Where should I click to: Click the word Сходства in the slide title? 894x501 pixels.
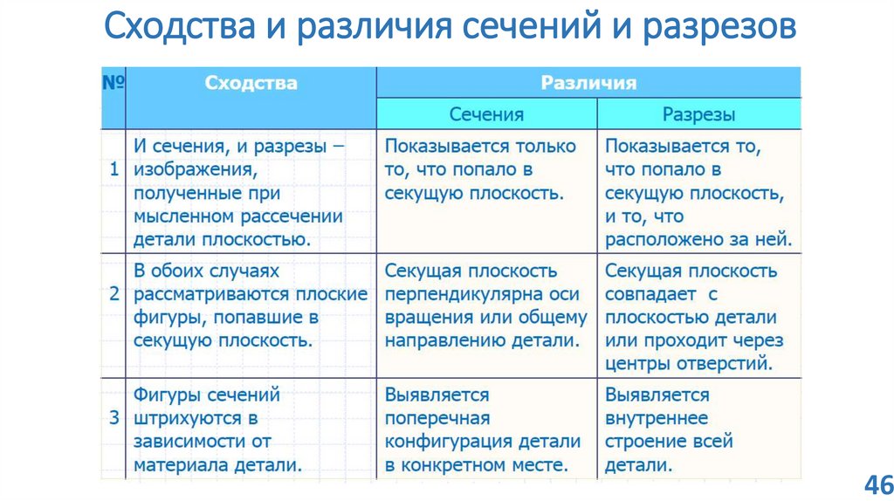pos(179,27)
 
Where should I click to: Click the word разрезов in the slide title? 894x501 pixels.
pos(720,27)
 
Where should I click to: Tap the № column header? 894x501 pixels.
pos(113,83)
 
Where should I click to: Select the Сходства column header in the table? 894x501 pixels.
pos(251,83)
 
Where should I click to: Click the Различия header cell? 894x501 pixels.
pos(588,83)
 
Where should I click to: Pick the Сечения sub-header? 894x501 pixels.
pos(486,114)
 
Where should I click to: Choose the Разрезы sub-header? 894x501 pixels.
pos(698,114)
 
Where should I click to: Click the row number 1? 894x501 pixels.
pos(113,169)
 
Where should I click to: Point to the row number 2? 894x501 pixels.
pos(113,293)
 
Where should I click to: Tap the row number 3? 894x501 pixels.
pos(113,417)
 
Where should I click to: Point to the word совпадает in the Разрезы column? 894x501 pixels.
pos(649,294)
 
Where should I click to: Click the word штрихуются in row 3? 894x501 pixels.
pos(185,418)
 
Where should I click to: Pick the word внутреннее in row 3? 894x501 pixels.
pos(656,418)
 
